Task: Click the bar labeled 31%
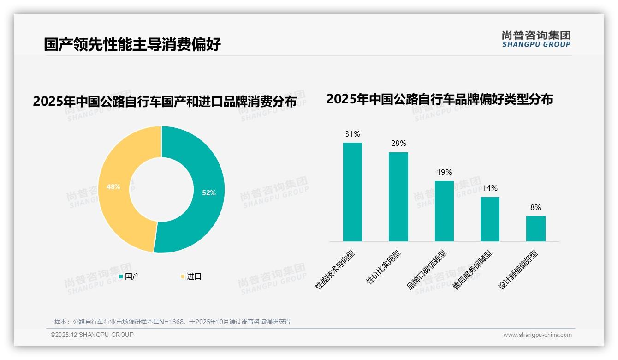352,192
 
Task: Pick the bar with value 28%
398,197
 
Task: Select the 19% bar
444,211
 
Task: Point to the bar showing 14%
490,219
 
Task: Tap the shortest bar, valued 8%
535,228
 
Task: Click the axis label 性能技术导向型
335,270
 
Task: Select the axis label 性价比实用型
383,267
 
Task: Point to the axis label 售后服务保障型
472,270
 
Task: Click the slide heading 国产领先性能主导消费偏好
132,44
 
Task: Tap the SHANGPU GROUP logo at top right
536,39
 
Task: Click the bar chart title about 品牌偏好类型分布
439,99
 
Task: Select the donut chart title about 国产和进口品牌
165,101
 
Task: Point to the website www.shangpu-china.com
537,335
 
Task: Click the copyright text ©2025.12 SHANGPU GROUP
92,335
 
